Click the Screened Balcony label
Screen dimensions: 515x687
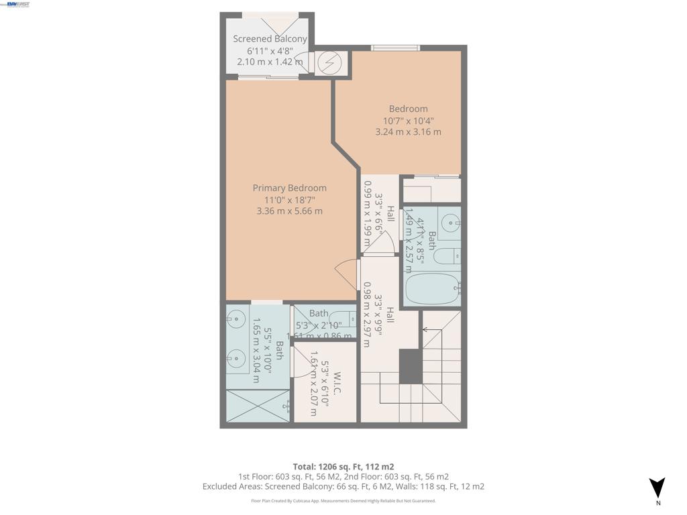click(270, 39)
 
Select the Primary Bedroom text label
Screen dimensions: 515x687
click(289, 188)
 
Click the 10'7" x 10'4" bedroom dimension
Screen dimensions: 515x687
click(408, 121)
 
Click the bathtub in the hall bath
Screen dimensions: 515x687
click(432, 288)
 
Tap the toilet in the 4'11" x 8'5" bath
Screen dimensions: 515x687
click(447, 256)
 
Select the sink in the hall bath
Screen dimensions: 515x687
click(450, 222)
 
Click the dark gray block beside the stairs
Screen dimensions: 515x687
click(410, 366)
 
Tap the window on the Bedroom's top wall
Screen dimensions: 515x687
click(396, 48)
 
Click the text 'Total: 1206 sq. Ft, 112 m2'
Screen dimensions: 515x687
click(343, 467)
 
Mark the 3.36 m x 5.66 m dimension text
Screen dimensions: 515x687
click(289, 211)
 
